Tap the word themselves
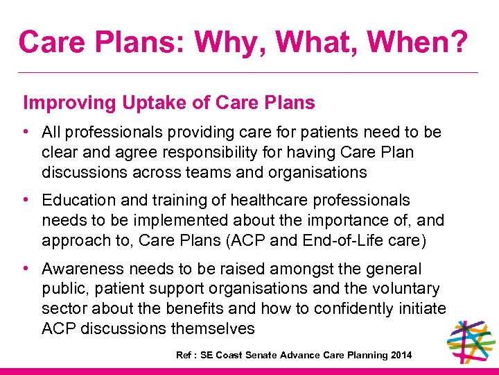point(215,328)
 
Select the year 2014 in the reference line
point(401,356)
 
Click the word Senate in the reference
point(261,356)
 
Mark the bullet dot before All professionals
point(26,132)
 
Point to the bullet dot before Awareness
point(26,269)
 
